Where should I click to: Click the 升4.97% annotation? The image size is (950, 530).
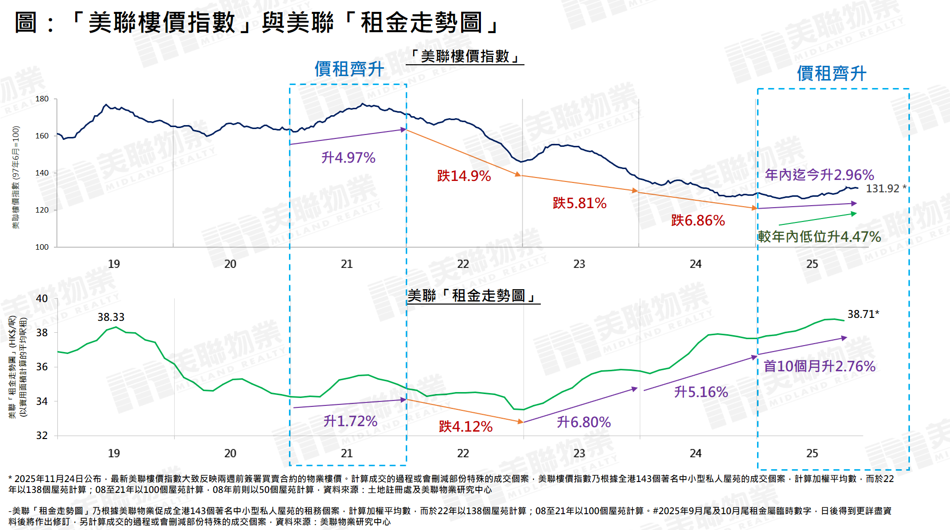pyautogui.click(x=348, y=158)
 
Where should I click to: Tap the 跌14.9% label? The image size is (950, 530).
pyautogui.click(x=464, y=176)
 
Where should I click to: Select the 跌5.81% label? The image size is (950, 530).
pyautogui.click(x=579, y=203)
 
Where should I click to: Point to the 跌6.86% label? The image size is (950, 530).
pyautogui.click(x=698, y=221)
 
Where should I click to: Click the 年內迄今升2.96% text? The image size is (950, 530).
pyautogui.click(x=819, y=175)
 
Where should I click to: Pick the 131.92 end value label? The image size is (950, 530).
pyautogui.click(x=883, y=189)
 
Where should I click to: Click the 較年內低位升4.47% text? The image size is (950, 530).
pyautogui.click(x=819, y=237)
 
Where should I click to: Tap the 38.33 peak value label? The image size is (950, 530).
pyautogui.click(x=111, y=317)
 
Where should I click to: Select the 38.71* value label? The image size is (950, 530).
pyautogui.click(x=863, y=314)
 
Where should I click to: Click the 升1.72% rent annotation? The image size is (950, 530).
pyautogui.click(x=350, y=421)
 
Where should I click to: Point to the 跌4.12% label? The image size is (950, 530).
pyautogui.click(x=466, y=427)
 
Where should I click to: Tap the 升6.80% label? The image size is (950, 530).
pyautogui.click(x=584, y=422)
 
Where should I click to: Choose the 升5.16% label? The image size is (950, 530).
pyautogui.click(x=701, y=392)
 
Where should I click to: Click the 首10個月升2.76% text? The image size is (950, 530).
pyautogui.click(x=819, y=366)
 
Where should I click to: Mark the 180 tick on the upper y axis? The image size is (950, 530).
pyautogui.click(x=42, y=99)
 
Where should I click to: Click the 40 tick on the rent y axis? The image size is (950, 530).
pyautogui.click(x=42, y=299)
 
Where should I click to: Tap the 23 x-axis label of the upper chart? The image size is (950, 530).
pyautogui.click(x=579, y=264)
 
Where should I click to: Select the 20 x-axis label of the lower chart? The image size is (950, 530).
pyautogui.click(x=230, y=453)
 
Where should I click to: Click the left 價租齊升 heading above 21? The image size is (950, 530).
pyautogui.click(x=349, y=69)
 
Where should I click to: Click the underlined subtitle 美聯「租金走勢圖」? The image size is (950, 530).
pyautogui.click(x=473, y=296)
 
